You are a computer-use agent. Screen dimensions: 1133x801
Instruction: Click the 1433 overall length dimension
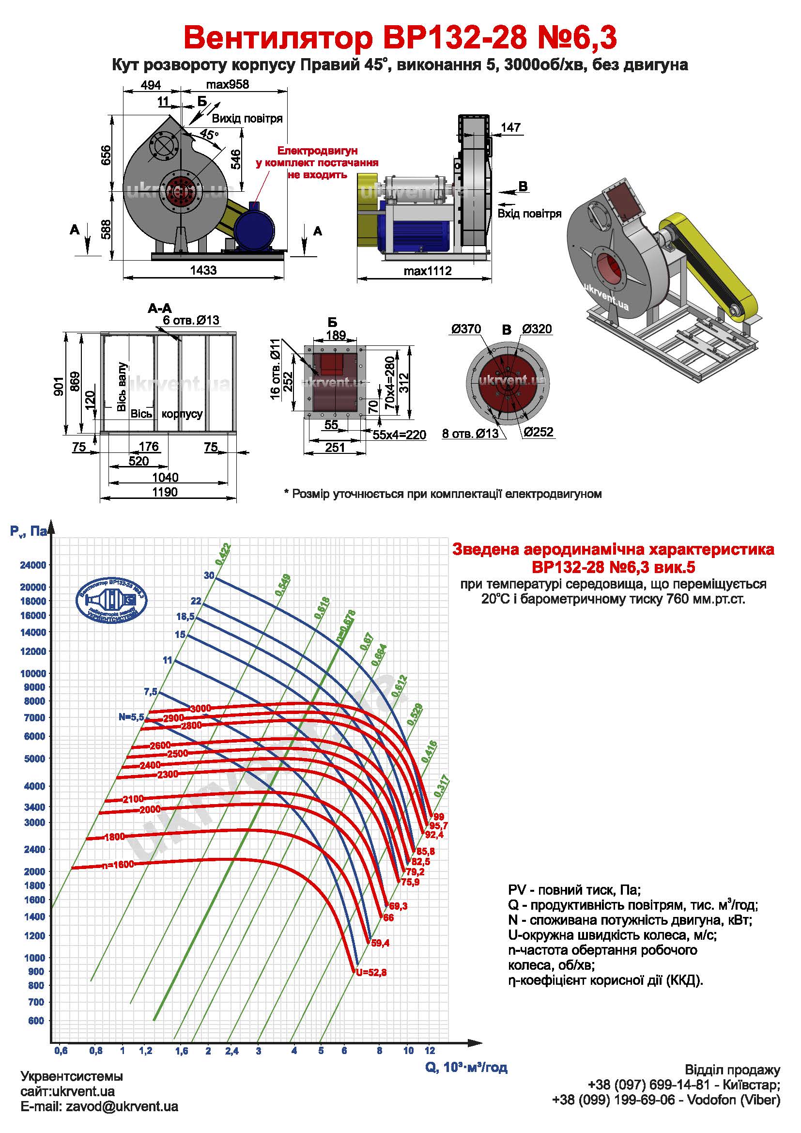(203, 270)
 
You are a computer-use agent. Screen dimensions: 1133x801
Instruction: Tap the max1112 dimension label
(427, 271)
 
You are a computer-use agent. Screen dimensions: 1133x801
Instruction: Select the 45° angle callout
(209, 134)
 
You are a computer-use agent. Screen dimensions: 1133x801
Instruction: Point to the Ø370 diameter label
(465, 329)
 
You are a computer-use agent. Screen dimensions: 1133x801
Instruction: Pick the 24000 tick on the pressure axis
(32, 565)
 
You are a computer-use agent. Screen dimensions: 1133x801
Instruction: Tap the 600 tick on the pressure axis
(36, 1021)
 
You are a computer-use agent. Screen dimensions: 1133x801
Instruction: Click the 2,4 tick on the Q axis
(232, 1052)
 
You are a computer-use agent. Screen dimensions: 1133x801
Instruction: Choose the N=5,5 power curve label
(131, 717)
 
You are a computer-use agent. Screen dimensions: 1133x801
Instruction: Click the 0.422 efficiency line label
(223, 553)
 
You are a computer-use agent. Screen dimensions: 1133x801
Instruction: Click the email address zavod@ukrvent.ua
(99, 1120)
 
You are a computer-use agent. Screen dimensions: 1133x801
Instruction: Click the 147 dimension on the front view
(510, 127)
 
